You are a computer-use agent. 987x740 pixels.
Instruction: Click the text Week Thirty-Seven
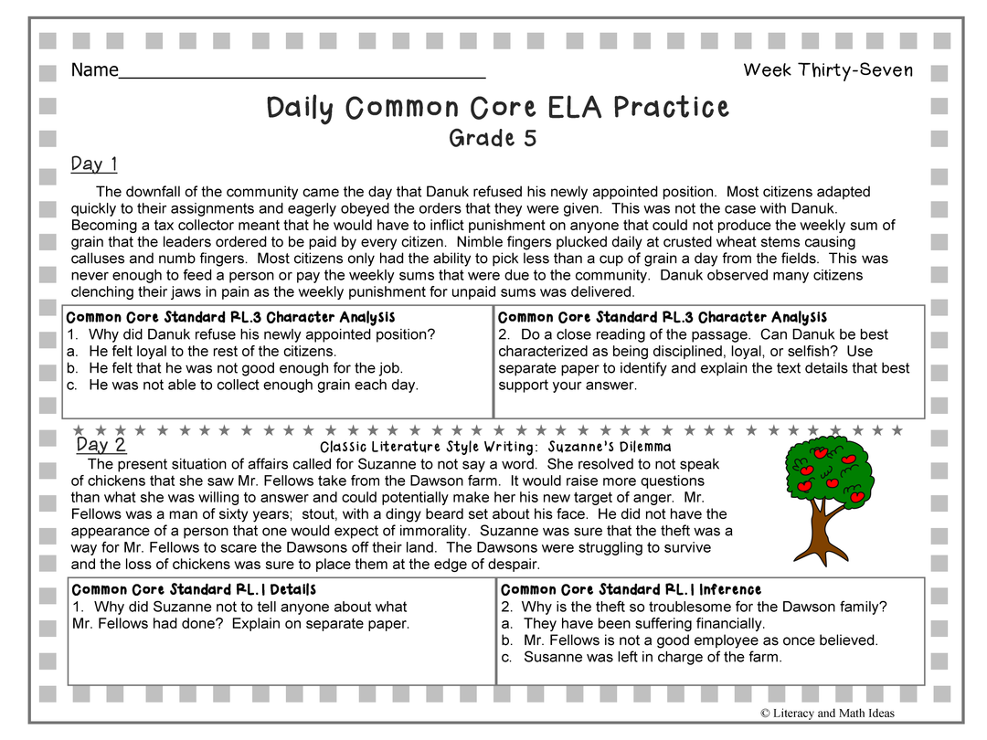[828, 70]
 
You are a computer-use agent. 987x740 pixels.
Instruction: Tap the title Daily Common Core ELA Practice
[497, 108]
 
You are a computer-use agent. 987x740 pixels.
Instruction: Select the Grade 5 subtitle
[493, 139]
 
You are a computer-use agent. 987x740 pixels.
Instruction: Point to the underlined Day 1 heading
[94, 164]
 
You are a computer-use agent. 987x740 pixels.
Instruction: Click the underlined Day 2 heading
[101, 445]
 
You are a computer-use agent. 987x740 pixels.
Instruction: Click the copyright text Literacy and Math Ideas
[827, 714]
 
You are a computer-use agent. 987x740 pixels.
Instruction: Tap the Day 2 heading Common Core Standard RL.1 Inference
[631, 590]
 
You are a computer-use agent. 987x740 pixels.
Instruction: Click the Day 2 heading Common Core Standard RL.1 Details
[194, 590]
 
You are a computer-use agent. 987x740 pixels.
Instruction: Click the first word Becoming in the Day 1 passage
[101, 225]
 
